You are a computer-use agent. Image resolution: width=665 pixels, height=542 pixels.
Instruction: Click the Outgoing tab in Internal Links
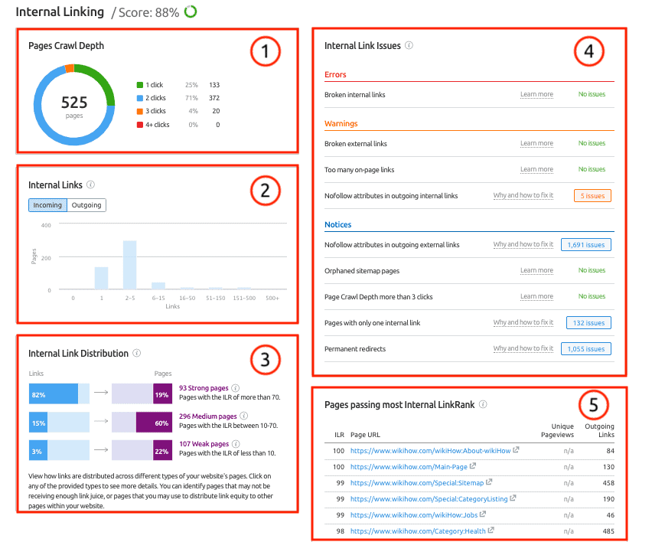[86, 205]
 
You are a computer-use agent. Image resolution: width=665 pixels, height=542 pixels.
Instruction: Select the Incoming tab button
[47, 205]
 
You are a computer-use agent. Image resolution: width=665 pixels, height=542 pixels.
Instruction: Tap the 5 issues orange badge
[592, 196]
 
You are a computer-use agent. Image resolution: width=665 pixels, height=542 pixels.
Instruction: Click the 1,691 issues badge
[586, 245]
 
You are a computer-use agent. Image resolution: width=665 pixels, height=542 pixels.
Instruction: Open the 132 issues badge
[588, 323]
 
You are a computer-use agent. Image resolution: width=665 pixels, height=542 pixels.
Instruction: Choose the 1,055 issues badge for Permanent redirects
[586, 349]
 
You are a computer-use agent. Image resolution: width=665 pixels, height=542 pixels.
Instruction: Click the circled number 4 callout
[588, 51]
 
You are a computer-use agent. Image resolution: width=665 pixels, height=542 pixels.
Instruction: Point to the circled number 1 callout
[266, 51]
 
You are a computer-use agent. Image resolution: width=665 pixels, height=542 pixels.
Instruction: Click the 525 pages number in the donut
[74, 103]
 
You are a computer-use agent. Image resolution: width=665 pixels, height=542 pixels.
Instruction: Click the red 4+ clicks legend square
[139, 125]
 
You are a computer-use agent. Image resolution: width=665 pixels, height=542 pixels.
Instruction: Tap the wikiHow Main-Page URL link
[409, 466]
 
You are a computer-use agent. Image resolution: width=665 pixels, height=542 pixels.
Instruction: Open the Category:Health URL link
[417, 531]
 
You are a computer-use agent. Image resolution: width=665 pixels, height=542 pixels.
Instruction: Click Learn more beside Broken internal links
[536, 95]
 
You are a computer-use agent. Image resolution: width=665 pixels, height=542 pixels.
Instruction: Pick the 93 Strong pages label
[203, 388]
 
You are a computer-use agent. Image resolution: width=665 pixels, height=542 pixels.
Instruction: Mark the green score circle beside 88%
[190, 11]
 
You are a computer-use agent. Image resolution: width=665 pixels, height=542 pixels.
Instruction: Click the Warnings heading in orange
[341, 123]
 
